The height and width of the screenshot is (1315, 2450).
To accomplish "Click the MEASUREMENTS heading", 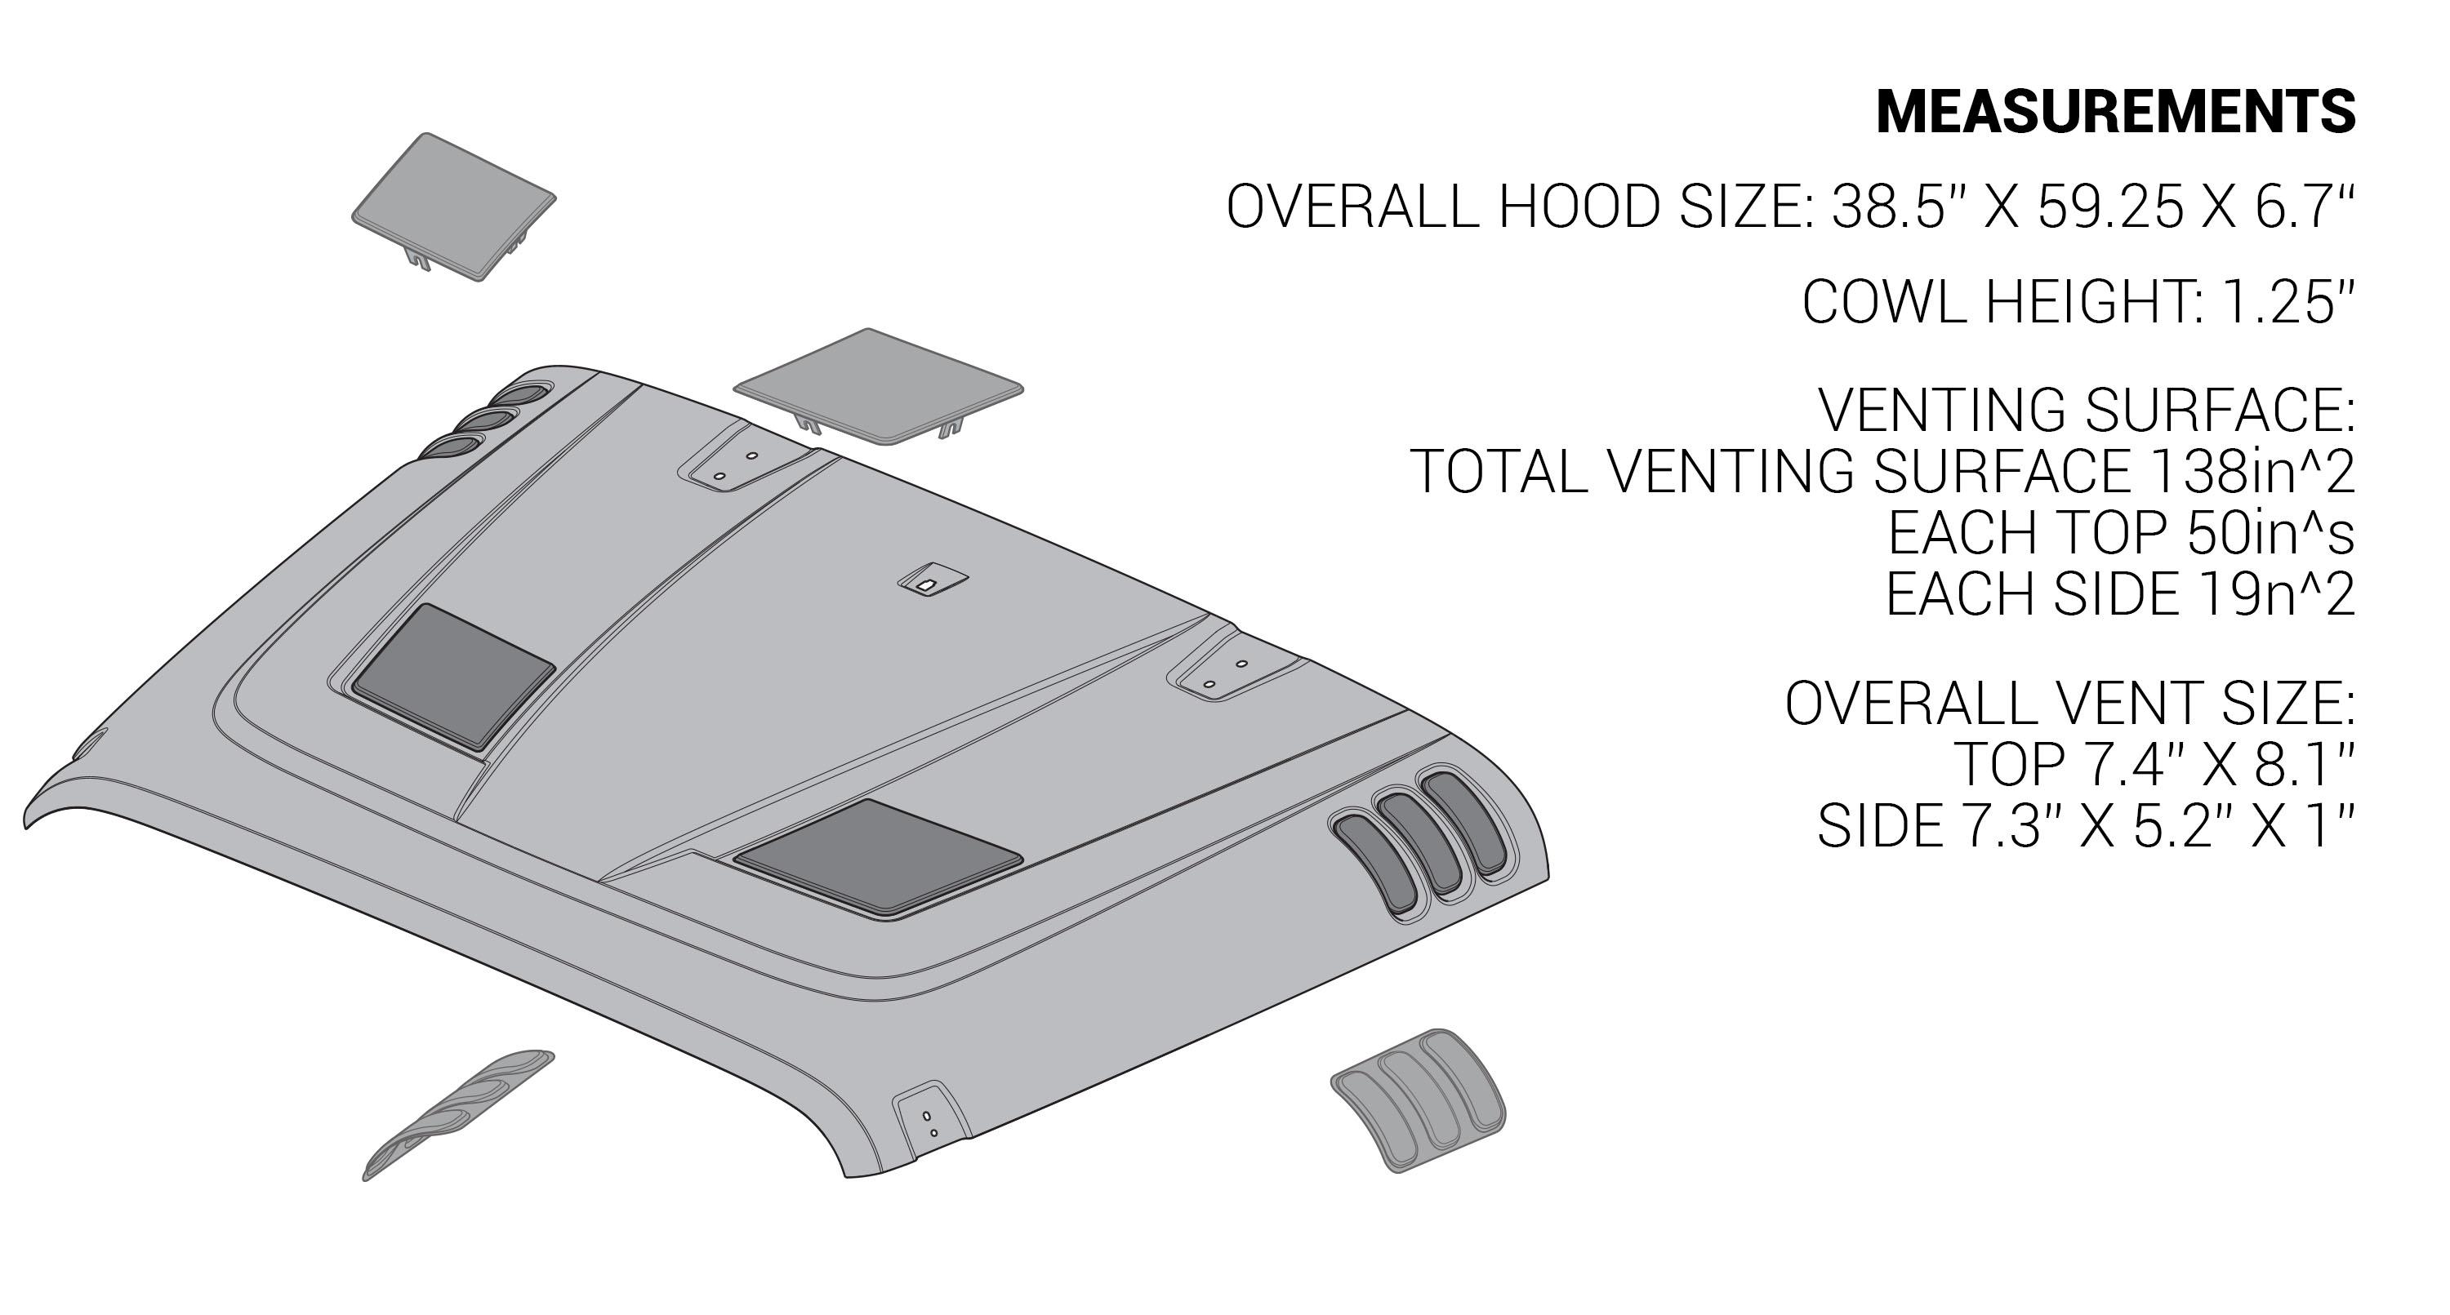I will click(x=2114, y=112).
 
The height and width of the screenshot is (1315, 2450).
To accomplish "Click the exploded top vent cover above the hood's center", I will click(x=878, y=384).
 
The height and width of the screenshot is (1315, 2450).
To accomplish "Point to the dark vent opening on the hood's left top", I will click(x=452, y=674).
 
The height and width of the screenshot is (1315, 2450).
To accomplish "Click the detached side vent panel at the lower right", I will click(x=1417, y=1100).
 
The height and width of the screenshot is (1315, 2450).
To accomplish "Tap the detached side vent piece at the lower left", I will click(x=457, y=1115).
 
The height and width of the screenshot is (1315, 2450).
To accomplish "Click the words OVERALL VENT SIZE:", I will click(x=2069, y=704).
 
